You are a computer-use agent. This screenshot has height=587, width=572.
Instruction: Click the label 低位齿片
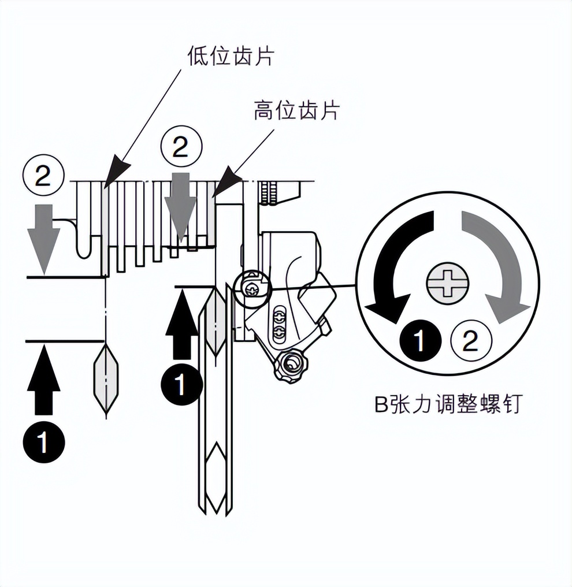(x=231, y=56)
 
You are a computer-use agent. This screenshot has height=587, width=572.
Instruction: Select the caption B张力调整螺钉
(x=448, y=404)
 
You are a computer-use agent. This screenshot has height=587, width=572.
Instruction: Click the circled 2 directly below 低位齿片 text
(x=181, y=148)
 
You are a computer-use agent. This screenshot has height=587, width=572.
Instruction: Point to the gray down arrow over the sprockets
(x=181, y=206)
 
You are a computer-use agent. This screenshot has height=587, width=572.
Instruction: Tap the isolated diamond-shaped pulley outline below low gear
(x=106, y=378)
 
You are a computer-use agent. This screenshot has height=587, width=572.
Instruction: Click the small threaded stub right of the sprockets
(x=265, y=193)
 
